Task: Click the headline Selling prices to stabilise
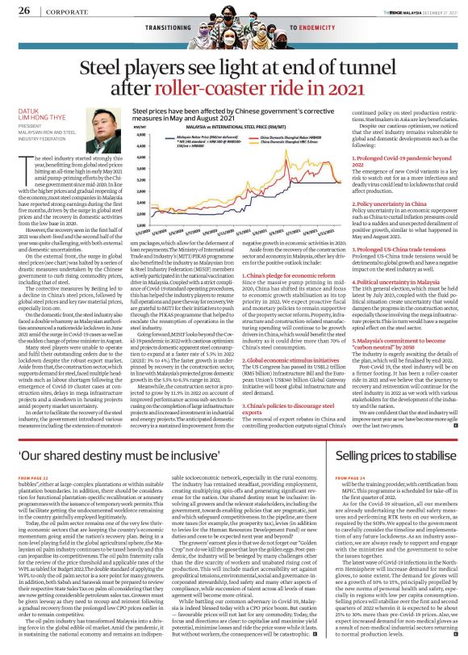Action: coord(400,457)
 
